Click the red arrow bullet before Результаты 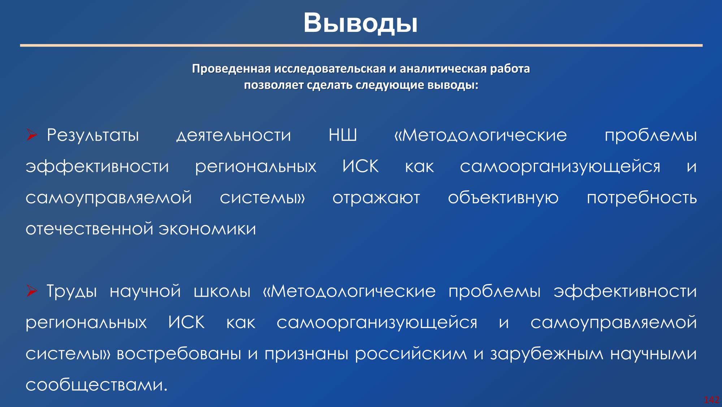[32, 136]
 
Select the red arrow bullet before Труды [32, 291]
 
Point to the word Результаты [93, 136]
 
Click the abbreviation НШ [343, 135]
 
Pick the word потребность [642, 198]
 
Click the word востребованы [179, 354]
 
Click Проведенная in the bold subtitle [231, 69]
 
